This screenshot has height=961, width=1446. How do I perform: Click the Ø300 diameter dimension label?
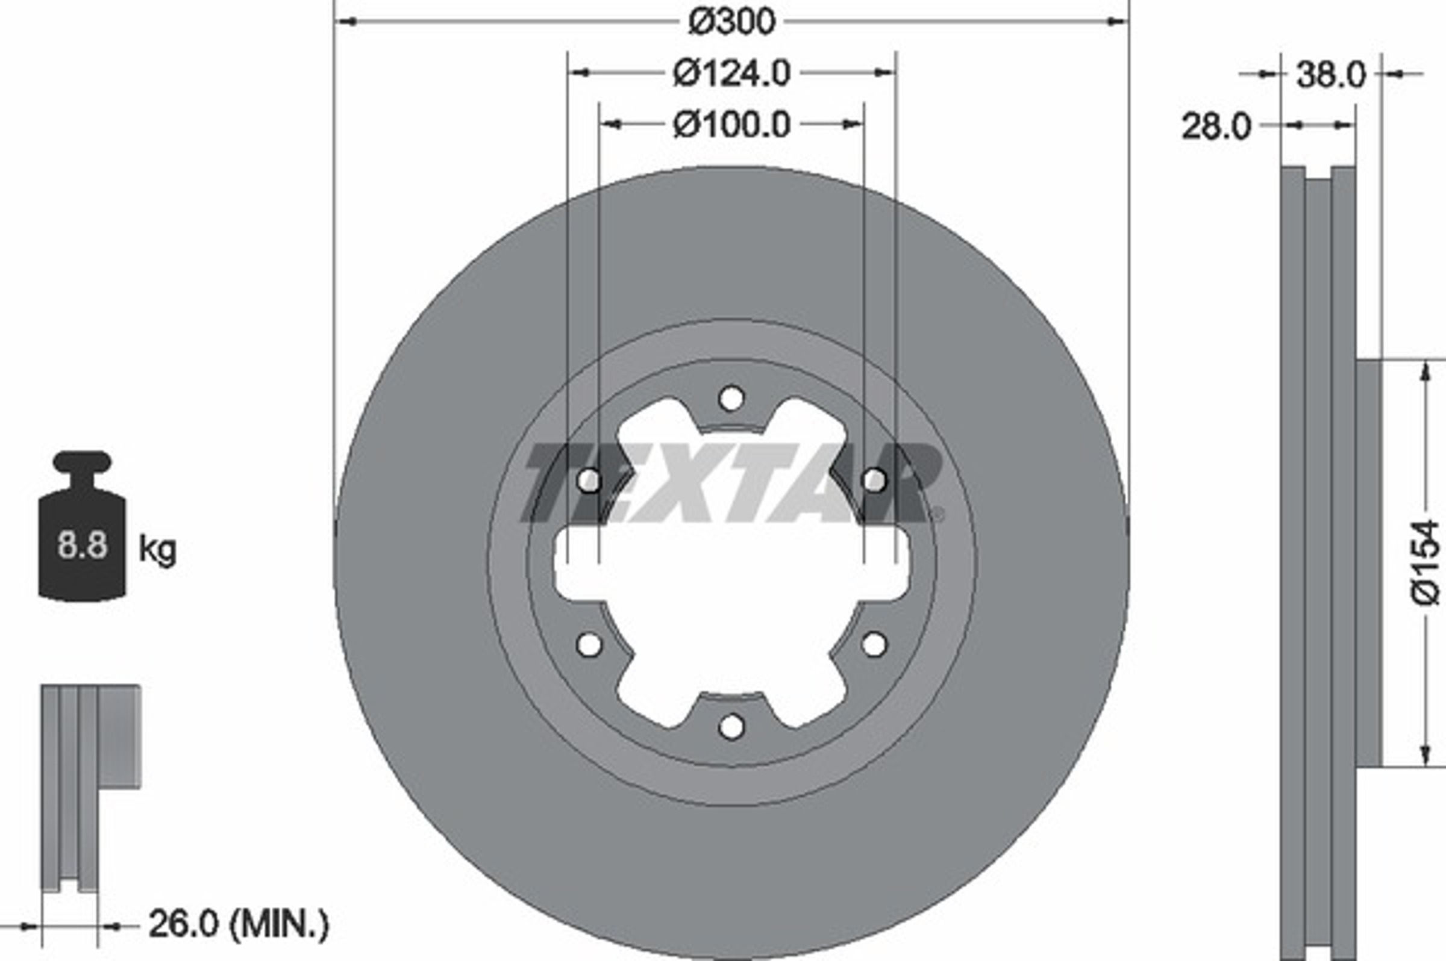[731, 22]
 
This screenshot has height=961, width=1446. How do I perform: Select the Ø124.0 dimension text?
[731, 73]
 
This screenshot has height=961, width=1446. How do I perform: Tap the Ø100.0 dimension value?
[731, 125]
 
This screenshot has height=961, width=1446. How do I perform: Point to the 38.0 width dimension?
[1331, 75]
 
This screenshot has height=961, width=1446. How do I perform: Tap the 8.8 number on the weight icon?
[82, 545]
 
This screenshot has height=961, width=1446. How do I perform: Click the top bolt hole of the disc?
[731, 399]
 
